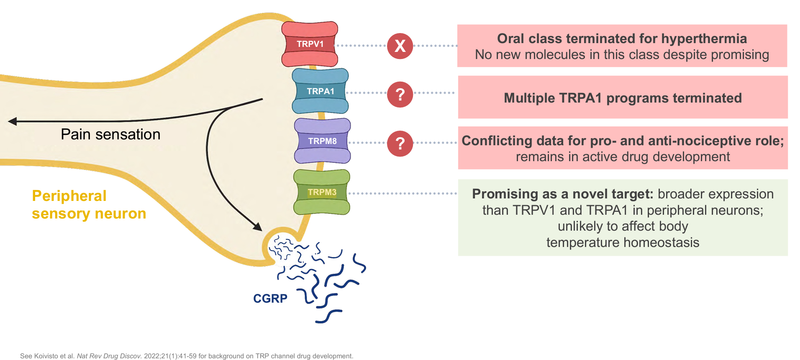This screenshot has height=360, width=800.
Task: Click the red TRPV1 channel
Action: point(310,44)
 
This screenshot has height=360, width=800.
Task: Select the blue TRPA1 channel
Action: point(320,91)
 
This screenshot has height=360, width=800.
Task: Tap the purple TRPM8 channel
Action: point(322,141)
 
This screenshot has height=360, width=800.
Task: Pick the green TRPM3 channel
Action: point(322,192)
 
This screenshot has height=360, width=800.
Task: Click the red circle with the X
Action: point(400,46)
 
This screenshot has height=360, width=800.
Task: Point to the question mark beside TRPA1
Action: point(400,95)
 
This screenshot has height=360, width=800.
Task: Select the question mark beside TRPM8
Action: point(400,144)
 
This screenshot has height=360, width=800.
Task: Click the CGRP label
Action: point(270,298)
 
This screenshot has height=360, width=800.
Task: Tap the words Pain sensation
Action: point(110,134)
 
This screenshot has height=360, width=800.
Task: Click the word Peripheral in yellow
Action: point(69,196)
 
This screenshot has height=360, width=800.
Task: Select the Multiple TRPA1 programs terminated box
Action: point(623,98)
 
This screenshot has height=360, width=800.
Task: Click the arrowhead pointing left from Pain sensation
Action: point(13,121)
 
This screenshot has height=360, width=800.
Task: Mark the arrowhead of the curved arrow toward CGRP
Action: point(258,227)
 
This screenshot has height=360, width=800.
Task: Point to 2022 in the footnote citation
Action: point(151,356)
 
